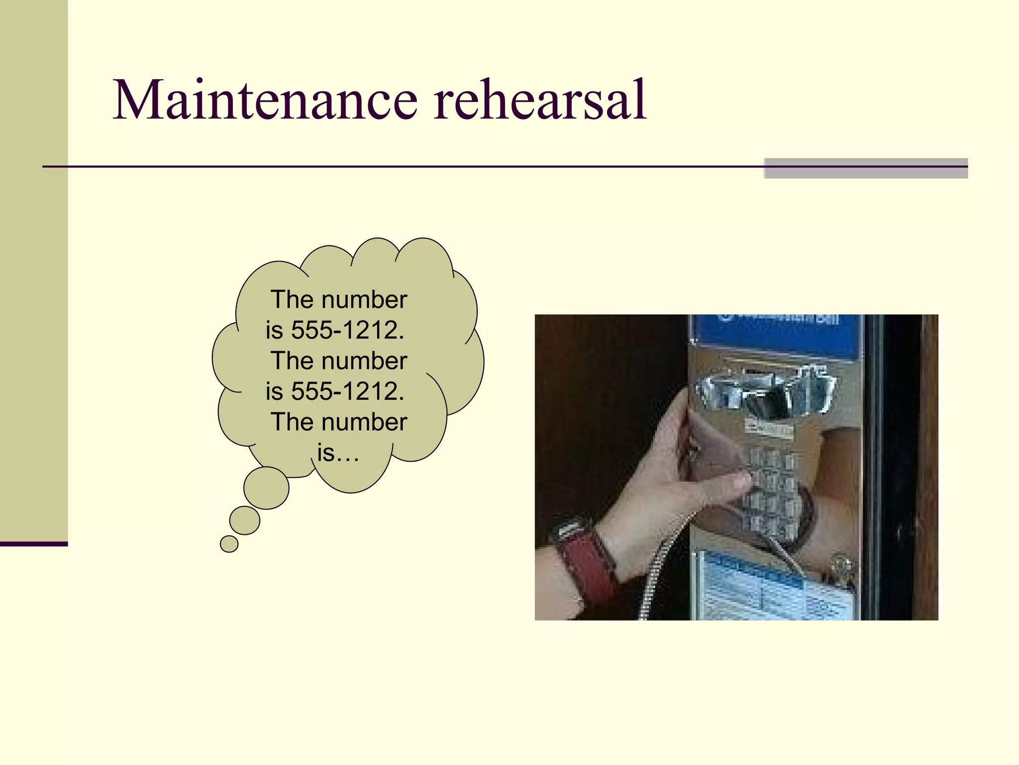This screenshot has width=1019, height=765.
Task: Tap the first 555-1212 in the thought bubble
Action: (x=347, y=330)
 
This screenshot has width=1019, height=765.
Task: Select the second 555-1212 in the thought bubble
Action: (x=347, y=391)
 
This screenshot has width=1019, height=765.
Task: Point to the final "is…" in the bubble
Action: (x=338, y=453)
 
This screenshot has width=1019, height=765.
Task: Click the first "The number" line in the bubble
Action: (x=338, y=300)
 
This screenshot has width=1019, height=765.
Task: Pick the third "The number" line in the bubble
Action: (x=338, y=422)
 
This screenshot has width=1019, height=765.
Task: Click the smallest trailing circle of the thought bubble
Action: (x=229, y=544)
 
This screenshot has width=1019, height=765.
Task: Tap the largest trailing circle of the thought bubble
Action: (x=266, y=488)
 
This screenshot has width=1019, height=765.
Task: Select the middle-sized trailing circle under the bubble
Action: (x=244, y=520)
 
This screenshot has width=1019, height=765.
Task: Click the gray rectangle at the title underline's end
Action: (x=865, y=168)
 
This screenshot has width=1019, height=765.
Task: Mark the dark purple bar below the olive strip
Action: (x=33, y=544)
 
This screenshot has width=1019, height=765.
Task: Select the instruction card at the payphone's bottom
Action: (x=776, y=588)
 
